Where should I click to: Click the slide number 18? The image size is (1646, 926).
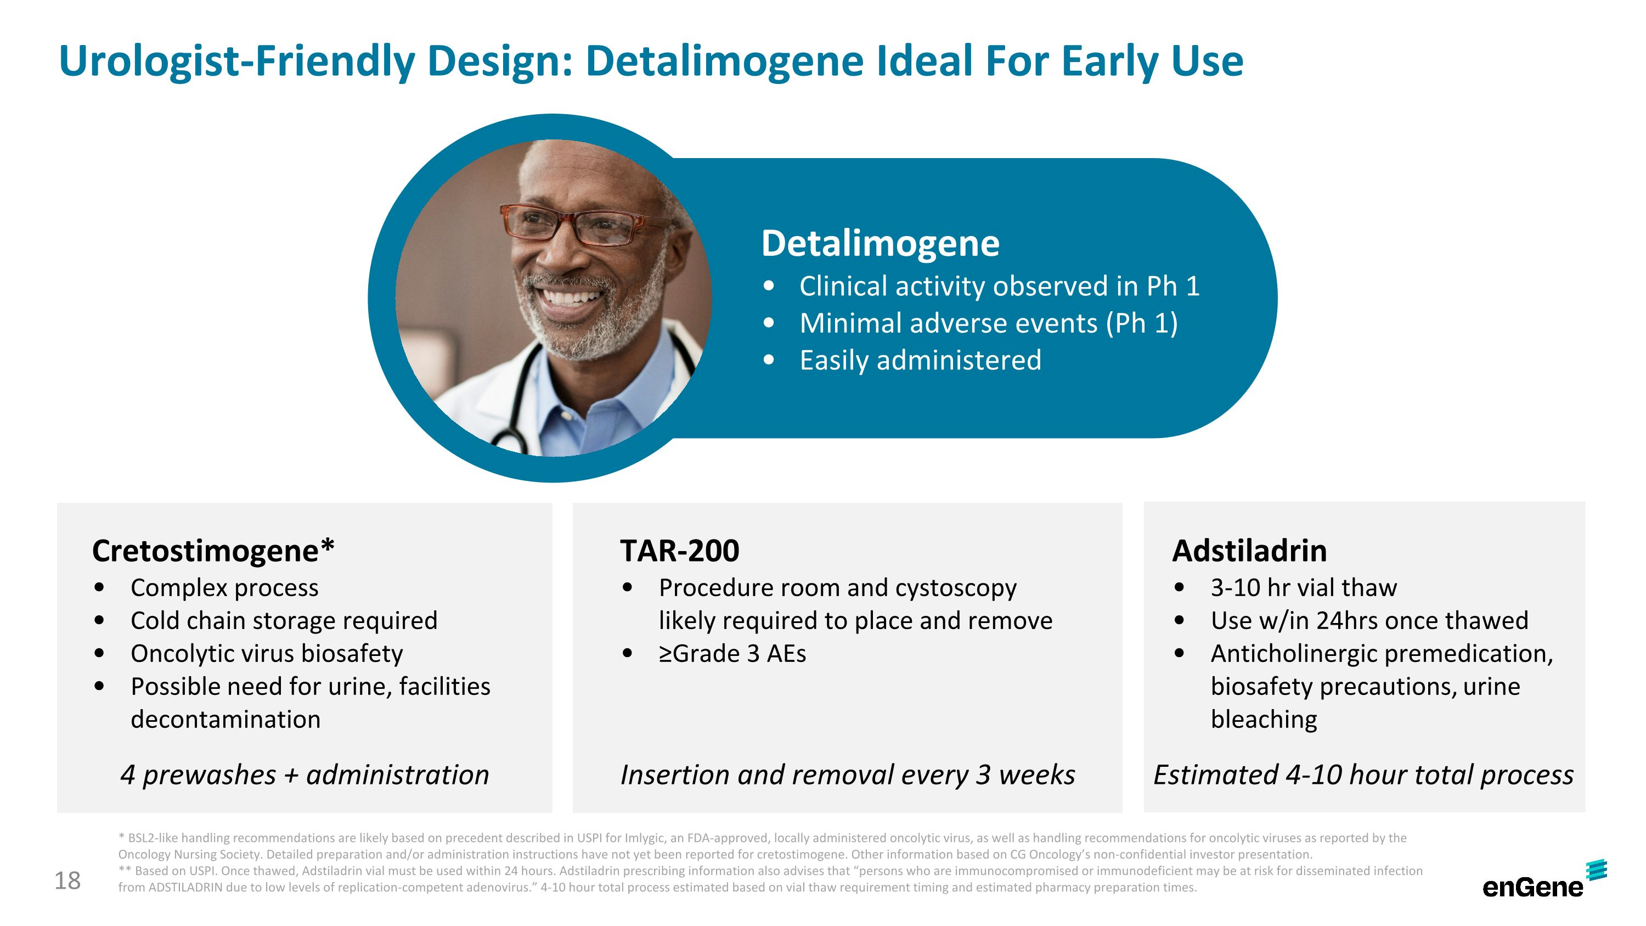tap(67, 880)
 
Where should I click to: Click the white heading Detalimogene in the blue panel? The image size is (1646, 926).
tap(880, 244)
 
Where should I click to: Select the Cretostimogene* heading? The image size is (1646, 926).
tap(213, 551)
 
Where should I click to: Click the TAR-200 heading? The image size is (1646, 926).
tap(679, 551)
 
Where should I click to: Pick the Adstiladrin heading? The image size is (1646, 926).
tap(1249, 551)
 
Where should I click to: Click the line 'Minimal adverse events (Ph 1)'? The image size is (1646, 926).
tap(989, 323)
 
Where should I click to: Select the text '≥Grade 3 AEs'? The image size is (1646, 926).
tap(732, 654)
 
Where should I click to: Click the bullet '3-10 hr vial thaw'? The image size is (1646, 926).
tap(1304, 588)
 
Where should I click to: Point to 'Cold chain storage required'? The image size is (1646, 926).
tap(284, 620)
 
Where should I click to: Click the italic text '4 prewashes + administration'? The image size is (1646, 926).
tap(305, 775)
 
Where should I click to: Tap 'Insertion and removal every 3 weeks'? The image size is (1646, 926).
tap(847, 775)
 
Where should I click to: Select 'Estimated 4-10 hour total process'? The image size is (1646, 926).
tap(1363, 775)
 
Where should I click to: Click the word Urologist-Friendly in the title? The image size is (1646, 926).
tap(236, 61)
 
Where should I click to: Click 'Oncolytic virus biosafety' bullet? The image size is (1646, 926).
tap(267, 654)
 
